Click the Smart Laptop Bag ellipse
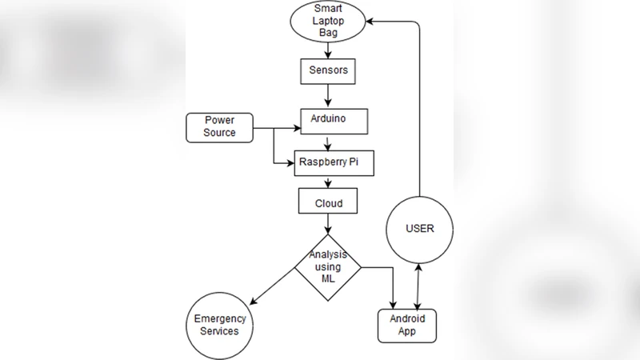coord(329,22)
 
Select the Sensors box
coord(328,70)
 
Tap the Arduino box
coord(334,120)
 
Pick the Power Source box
coord(219,126)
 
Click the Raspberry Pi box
coord(334,162)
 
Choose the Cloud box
coord(328,202)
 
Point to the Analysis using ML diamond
coord(328,267)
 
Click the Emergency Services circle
coord(220,325)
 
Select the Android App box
coord(408,325)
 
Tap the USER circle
coord(419,229)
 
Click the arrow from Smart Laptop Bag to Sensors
coord(328,50)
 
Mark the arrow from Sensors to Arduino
coord(328,94)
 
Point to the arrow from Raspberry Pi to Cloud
coord(328,182)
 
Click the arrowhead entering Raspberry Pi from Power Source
coord(289,162)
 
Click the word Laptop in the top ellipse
coord(328,22)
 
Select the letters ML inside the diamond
coord(327,278)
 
